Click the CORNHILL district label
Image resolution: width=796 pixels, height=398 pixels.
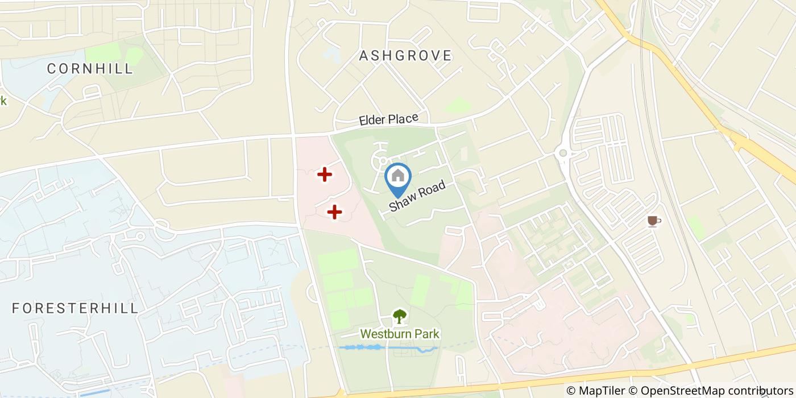coord(90,69)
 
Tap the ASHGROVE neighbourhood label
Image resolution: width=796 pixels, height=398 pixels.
coord(405,56)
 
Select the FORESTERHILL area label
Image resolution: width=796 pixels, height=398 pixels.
coord(75,308)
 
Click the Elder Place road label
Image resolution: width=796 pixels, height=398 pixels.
coord(388,120)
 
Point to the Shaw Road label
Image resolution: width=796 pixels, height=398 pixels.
coord(417,197)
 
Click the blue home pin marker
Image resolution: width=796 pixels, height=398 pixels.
coord(398,178)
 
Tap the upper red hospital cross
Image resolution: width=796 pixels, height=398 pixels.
coord(324,175)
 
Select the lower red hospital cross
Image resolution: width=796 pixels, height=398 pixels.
coord(334,212)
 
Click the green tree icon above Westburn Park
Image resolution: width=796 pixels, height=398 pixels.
coord(400,316)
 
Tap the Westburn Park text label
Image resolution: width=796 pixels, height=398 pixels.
coord(400,334)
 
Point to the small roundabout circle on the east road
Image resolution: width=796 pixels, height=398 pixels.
coord(563,152)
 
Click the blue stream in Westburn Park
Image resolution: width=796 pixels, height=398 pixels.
coord(387,347)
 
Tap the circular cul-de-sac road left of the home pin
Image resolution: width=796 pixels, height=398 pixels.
coord(379,161)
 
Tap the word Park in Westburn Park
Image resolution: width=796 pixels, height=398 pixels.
coord(426,334)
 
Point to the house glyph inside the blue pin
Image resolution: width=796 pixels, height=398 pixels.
coord(398,175)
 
